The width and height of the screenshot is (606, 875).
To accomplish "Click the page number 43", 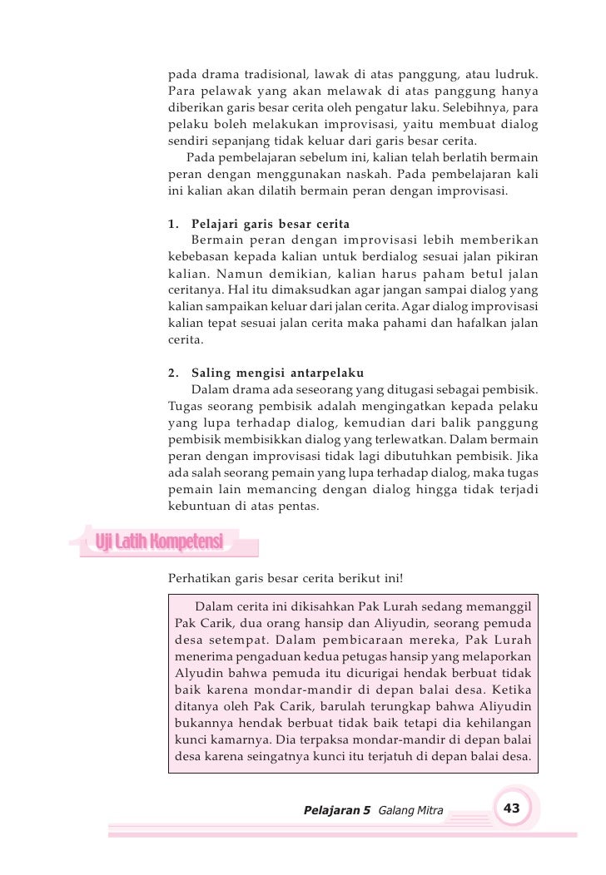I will (x=512, y=809).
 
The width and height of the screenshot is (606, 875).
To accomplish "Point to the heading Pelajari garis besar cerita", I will (x=270, y=225).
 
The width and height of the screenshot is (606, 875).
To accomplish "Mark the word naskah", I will (x=384, y=175).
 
